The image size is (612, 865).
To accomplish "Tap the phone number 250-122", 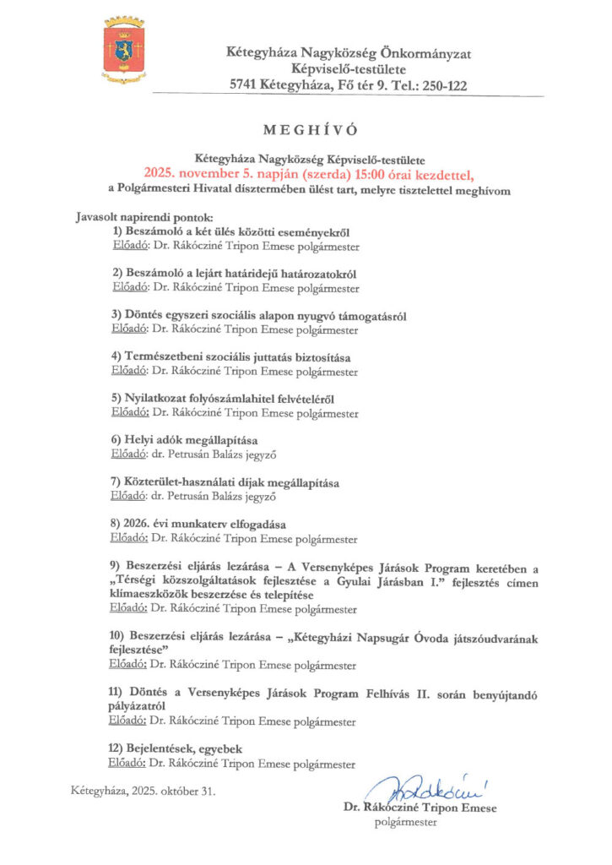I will [x=441, y=85].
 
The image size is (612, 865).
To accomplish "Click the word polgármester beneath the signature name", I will [x=406, y=821].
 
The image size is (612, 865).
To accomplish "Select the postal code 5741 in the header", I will [x=245, y=85].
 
